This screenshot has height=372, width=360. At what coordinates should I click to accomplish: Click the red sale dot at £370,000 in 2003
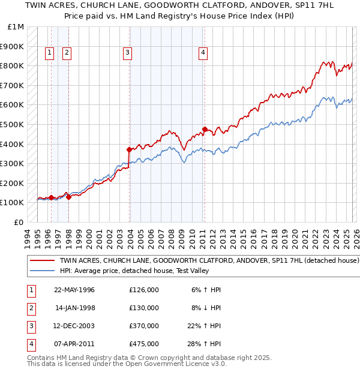tap(130, 149)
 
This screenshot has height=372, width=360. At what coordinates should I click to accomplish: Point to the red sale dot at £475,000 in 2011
tap(205, 129)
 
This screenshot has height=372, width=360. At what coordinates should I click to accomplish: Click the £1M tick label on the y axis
tap(16, 27)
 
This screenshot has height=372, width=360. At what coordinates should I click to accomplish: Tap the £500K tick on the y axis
tap(14, 124)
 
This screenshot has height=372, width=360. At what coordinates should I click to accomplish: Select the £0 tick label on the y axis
tap(19, 222)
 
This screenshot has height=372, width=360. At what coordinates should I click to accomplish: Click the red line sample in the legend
tap(43, 261)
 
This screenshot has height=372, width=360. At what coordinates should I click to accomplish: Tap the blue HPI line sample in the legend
tap(43, 271)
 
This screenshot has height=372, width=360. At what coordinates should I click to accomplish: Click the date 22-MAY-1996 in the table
tap(74, 290)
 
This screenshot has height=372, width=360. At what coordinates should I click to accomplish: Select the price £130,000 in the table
tap(144, 308)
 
